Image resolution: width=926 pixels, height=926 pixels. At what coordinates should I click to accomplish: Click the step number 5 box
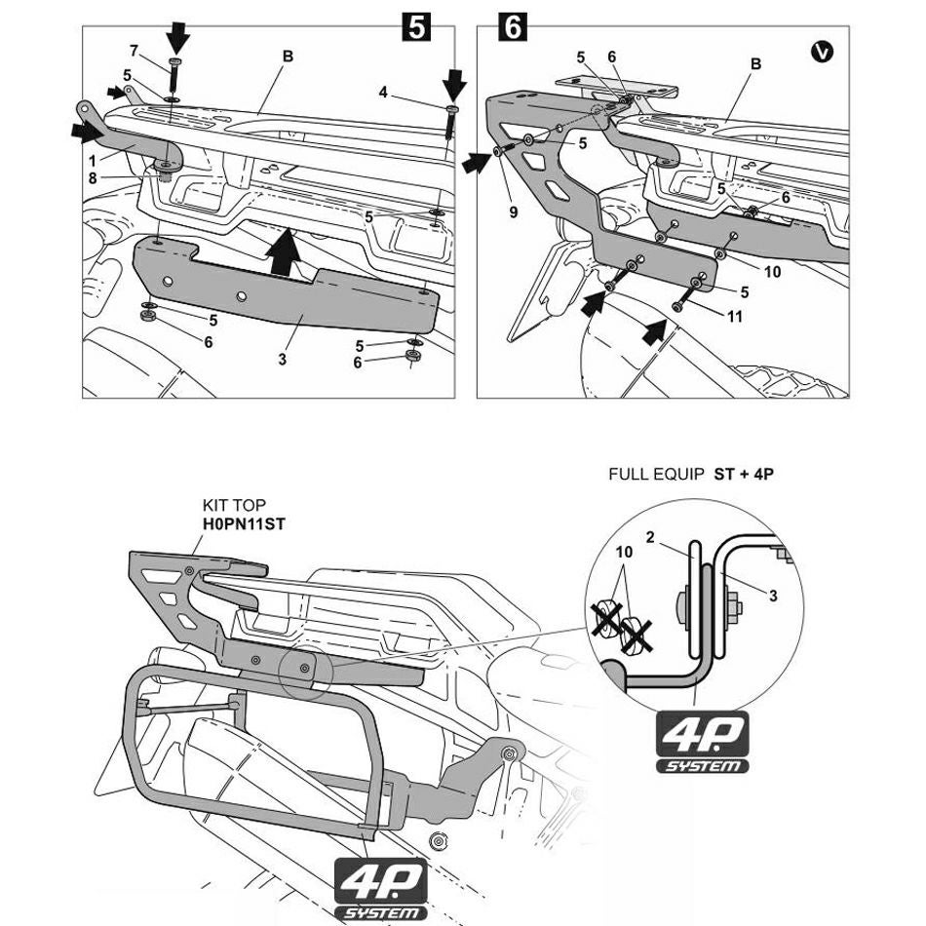tap(416, 27)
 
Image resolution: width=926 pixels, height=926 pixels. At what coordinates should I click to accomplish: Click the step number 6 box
tap(512, 27)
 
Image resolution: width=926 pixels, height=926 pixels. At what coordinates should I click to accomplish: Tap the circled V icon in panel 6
tap(822, 52)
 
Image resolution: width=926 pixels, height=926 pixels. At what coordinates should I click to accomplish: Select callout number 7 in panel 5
tap(134, 51)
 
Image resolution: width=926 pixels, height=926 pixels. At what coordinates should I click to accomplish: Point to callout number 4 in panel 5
tap(384, 93)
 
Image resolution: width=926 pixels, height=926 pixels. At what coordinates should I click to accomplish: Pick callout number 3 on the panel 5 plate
tap(282, 360)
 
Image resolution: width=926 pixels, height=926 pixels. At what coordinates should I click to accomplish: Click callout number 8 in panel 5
tap(93, 178)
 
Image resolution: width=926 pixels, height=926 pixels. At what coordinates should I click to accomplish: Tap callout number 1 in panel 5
tap(91, 159)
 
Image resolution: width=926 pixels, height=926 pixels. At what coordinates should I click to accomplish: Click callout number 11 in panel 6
tap(735, 315)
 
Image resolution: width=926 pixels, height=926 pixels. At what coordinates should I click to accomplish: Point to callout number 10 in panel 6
tap(772, 272)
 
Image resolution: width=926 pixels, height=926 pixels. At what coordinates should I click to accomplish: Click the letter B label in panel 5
tap(289, 57)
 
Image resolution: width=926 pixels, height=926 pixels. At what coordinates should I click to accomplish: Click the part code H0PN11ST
tap(244, 523)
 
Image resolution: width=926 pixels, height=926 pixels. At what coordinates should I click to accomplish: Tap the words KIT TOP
tap(231, 506)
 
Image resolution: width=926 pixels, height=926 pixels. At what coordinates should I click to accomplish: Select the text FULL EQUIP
tap(655, 475)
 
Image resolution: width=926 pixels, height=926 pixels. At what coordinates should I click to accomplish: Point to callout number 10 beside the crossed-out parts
tap(624, 552)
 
